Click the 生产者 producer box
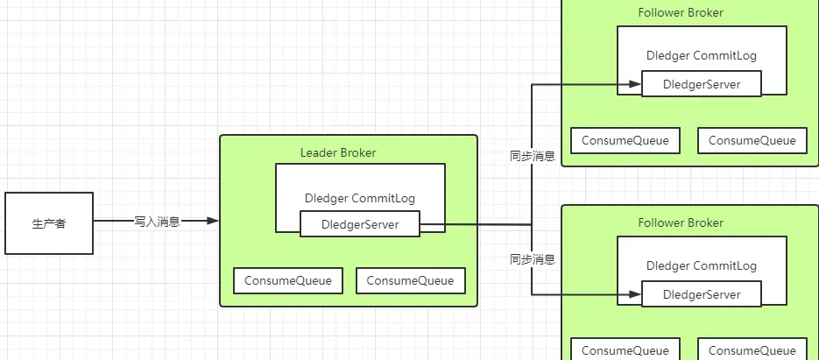pos(49,223)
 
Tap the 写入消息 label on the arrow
pos(157,222)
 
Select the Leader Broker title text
pos(338,152)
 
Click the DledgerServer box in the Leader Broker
pos(360,224)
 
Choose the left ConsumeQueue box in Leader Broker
pos(288,280)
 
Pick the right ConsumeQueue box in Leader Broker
pos(410,280)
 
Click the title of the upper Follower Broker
pos(680,13)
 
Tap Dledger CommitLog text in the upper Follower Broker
pos(701,55)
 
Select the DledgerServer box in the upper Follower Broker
pos(702,84)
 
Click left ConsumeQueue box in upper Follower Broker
pos(625,140)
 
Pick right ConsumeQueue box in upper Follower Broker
pos(752,140)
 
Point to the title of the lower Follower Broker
pos(680,222)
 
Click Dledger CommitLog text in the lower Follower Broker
pos(701,265)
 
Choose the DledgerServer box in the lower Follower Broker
pos(702,294)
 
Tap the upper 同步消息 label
pos(533,156)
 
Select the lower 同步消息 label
pos(533,259)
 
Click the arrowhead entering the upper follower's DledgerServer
pos(635,85)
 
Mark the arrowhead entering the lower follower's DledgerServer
pos(635,295)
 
